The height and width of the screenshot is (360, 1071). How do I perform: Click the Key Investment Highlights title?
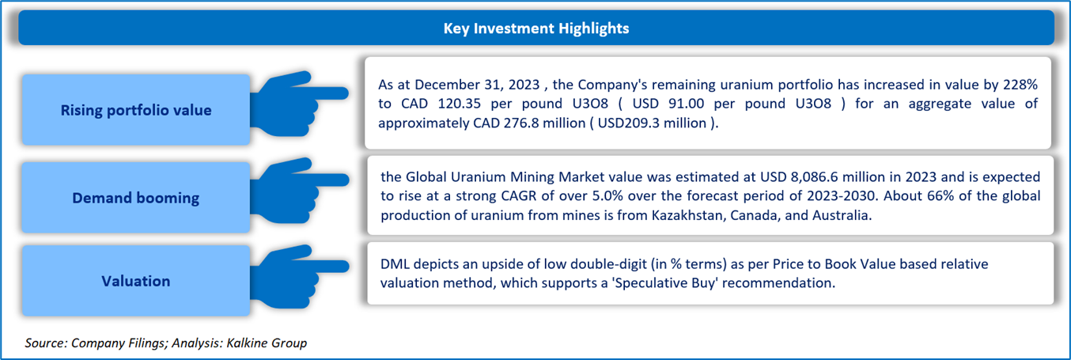(536, 28)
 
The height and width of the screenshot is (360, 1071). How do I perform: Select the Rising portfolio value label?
(136, 110)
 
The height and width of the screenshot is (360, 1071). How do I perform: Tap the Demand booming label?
(136, 198)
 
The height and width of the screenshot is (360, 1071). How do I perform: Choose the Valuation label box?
(136, 281)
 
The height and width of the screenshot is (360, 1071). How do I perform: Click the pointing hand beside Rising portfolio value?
(299, 104)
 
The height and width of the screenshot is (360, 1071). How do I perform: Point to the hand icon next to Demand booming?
(299, 191)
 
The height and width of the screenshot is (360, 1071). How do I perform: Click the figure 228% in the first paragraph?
(1020, 85)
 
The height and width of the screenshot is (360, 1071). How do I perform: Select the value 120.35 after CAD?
(458, 104)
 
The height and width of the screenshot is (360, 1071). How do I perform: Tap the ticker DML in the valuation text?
(395, 264)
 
